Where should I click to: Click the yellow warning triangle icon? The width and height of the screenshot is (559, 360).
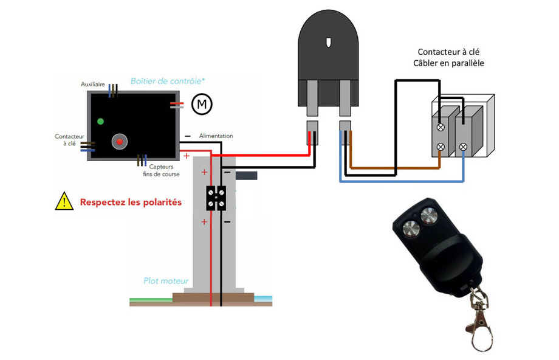pyautogui.click(x=64, y=201)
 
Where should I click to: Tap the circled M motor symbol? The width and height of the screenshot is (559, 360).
pyautogui.click(x=202, y=105)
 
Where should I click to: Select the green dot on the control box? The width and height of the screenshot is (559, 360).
pyautogui.click(x=100, y=121)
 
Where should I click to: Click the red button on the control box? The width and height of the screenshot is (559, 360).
pyautogui.click(x=120, y=142)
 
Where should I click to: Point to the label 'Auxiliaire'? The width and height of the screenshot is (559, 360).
pyautogui.click(x=93, y=84)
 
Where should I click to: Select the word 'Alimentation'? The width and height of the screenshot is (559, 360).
pyautogui.click(x=216, y=136)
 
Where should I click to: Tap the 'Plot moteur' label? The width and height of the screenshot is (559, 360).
pyautogui.click(x=166, y=281)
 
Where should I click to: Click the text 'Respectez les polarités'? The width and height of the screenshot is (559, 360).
pyautogui.click(x=131, y=202)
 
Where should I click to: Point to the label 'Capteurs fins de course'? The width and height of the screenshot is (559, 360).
pyautogui.click(x=162, y=170)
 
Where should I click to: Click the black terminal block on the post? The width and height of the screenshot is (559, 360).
pyautogui.click(x=216, y=198)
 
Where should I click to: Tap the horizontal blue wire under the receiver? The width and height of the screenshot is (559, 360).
pyautogui.click(x=401, y=180)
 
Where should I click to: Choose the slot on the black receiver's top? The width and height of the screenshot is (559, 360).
pyautogui.click(x=328, y=43)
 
